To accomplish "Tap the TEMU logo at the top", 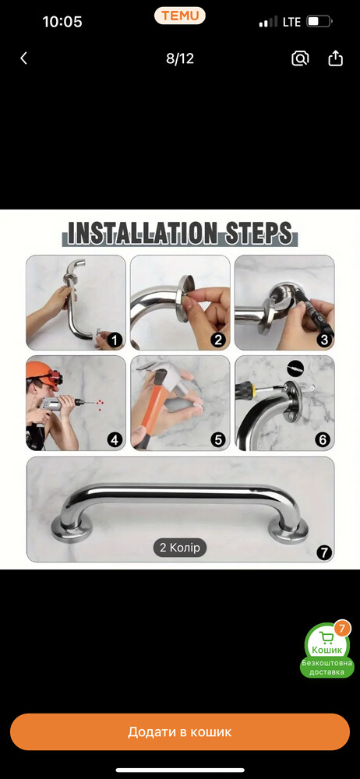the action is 179,16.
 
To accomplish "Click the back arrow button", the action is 23,58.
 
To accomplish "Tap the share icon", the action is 336,58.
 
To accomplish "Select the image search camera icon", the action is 300,58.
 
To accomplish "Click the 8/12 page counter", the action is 179,58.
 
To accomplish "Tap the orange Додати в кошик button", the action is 180,731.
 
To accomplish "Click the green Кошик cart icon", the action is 326,641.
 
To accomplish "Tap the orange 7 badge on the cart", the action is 341,629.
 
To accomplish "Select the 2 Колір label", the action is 179,548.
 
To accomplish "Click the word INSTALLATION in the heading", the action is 142,232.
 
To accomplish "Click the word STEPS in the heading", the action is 258,232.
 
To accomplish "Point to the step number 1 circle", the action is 115,340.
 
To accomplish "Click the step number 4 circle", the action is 115,439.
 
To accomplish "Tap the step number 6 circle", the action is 323,439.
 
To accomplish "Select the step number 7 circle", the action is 323,552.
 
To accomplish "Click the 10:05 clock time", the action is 62,22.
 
